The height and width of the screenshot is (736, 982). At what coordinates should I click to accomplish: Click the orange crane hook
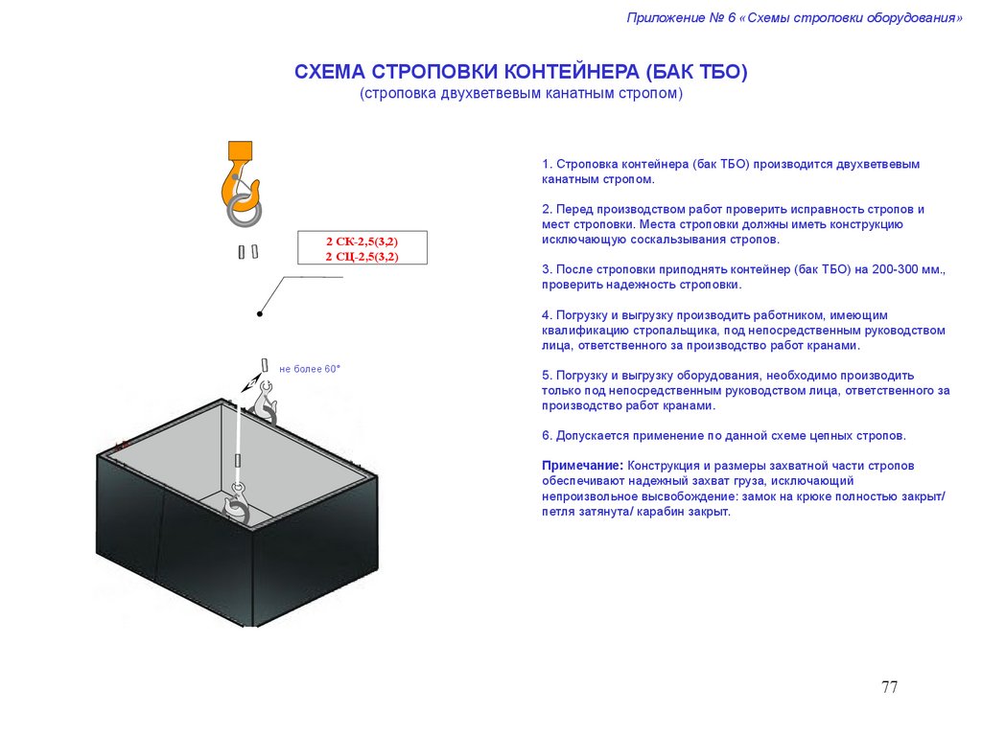pyautogui.click(x=238, y=178)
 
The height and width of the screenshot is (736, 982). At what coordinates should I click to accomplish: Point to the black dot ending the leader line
pyautogui.click(x=259, y=313)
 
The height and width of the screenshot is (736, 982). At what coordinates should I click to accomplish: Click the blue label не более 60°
pyautogui.click(x=310, y=369)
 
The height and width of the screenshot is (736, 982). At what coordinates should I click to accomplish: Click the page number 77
pyautogui.click(x=889, y=687)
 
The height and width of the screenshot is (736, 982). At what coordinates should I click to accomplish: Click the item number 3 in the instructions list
pyautogui.click(x=546, y=270)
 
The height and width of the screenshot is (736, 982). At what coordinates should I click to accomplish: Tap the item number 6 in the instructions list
pyautogui.click(x=546, y=436)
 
